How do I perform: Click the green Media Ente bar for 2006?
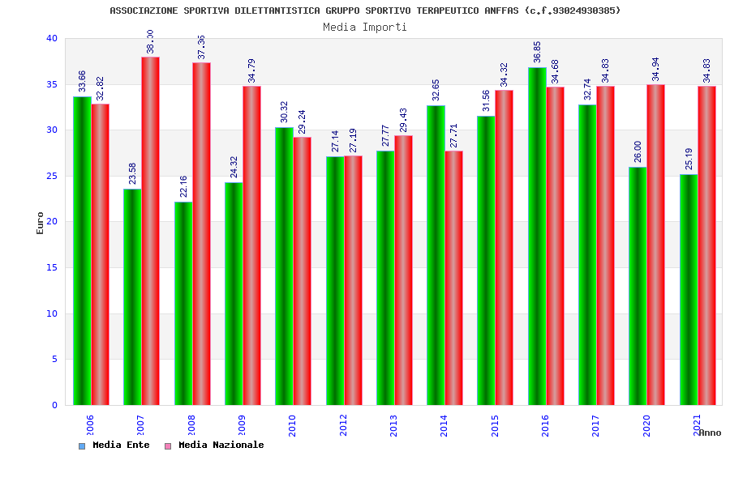click(82, 250)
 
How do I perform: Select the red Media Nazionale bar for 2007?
click(150, 231)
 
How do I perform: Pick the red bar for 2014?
click(453, 278)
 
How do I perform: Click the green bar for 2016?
click(537, 236)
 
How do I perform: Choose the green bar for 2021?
click(689, 289)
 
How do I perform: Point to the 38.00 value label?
click(150, 42)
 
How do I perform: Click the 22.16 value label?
click(184, 186)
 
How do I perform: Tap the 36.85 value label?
click(537, 52)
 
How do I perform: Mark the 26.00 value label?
click(638, 151)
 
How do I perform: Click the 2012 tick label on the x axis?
click(343, 425)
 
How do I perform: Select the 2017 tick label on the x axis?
click(595, 425)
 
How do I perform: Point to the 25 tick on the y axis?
click(51, 176)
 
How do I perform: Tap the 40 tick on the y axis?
click(51, 38)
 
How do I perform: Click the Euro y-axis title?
click(41, 223)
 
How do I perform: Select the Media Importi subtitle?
click(365, 27)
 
